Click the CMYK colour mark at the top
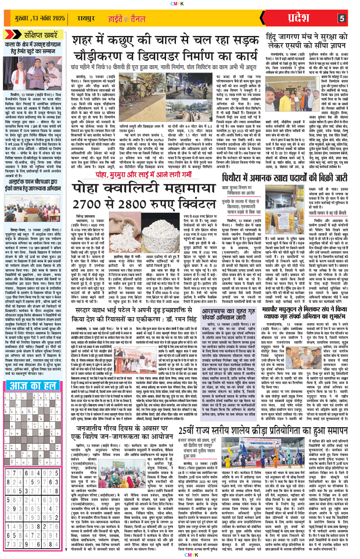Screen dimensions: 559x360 click(180, 5)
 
